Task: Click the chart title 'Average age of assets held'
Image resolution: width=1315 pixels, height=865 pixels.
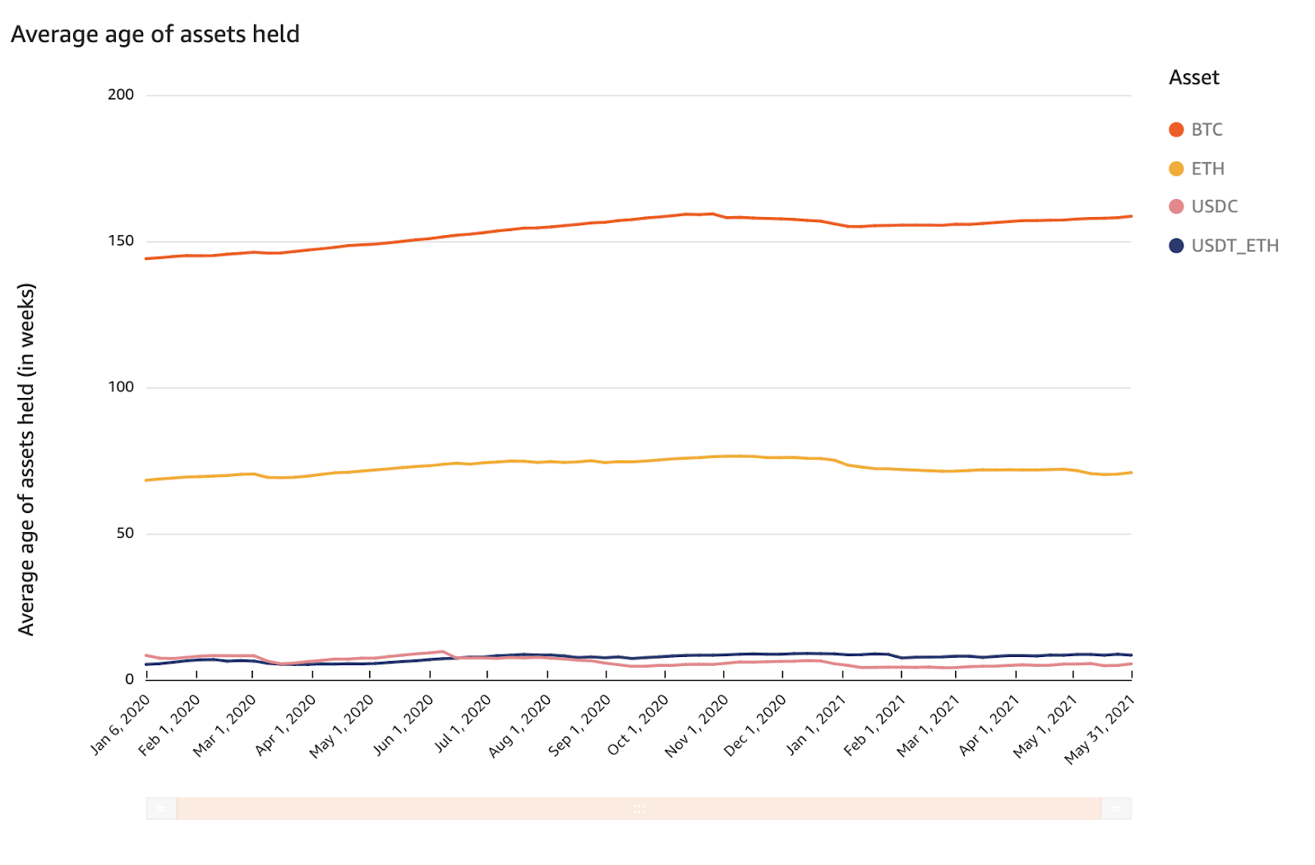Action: point(155,35)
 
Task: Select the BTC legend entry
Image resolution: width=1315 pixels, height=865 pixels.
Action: point(1206,130)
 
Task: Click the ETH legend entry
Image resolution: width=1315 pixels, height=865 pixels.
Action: point(1207,169)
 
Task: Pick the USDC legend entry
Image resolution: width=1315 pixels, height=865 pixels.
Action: point(1213,206)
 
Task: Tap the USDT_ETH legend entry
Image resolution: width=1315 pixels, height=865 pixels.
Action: point(1234,246)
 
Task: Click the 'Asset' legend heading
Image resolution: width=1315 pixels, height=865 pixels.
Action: point(1193,77)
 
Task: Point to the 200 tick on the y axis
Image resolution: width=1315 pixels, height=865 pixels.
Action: point(121,95)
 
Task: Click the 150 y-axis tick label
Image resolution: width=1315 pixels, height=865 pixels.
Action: point(121,241)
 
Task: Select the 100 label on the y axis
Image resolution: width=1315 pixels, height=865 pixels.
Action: point(121,387)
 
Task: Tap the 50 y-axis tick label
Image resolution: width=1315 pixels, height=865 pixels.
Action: point(124,533)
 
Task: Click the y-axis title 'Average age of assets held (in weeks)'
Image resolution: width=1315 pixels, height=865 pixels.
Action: point(26,459)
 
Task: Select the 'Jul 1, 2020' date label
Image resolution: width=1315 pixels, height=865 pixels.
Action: point(463,723)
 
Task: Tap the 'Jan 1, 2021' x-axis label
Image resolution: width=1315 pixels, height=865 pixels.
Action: point(816,724)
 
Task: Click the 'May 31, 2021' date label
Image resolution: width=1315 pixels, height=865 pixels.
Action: point(1100,729)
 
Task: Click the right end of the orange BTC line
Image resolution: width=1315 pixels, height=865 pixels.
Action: point(1130,216)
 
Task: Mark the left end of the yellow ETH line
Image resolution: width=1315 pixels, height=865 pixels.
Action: point(147,480)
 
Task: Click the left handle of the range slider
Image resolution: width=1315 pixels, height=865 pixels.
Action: point(162,808)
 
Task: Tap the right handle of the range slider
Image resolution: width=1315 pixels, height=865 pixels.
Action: point(1115,808)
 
